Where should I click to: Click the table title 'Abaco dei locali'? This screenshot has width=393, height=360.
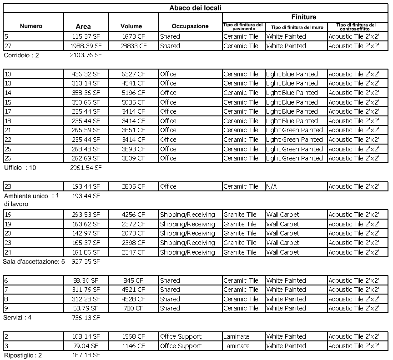[x=196, y=8]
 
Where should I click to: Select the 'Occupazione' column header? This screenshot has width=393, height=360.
[x=190, y=26]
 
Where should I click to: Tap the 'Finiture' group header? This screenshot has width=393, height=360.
[x=303, y=17]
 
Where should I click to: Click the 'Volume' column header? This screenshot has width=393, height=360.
[x=131, y=26]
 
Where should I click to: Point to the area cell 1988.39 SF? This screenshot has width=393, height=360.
[x=86, y=46]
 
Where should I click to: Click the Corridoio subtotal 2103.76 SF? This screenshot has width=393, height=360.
[x=86, y=55]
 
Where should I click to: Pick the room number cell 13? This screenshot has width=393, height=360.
[x=8, y=83]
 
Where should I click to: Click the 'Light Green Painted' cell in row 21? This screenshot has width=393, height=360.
[x=294, y=130]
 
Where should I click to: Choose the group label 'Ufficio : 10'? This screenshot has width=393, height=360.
[x=20, y=168]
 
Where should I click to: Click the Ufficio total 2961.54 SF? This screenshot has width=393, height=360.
[x=86, y=168]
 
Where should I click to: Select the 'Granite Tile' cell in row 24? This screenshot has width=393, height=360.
[x=240, y=252]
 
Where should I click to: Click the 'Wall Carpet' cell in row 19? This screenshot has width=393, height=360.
[x=283, y=224]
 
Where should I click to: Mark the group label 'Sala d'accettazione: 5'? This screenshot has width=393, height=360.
[x=34, y=262]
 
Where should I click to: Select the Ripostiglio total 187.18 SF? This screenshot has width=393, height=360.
[x=86, y=355]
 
